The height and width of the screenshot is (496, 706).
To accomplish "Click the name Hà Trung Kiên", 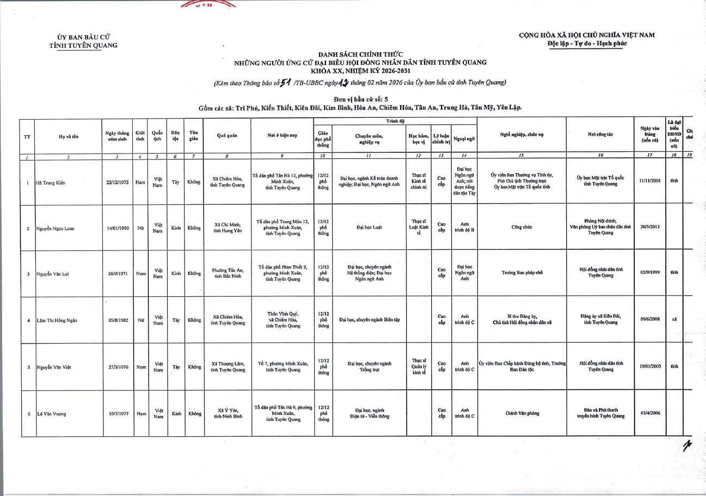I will pos(50,183).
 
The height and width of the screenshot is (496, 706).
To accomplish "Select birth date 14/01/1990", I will pos(118,228).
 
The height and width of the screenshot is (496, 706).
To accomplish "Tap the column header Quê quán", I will pos(228,138).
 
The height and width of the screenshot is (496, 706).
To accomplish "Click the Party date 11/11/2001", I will pos(650,181).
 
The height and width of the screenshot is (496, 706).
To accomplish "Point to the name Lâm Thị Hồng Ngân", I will pos(57,320).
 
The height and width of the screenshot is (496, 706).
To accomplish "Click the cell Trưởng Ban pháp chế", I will pos(521,273).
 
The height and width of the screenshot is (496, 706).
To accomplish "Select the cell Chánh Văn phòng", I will pos(521,413).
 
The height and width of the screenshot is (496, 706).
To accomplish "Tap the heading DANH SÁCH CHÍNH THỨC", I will pos(360,54).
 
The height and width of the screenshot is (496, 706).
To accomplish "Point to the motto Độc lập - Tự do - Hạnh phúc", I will pos(587,44).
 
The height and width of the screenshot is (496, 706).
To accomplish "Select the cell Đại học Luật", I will pos(369,228).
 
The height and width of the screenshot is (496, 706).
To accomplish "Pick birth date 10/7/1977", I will pos(118,414).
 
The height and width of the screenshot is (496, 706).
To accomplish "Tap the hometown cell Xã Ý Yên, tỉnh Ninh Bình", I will pos(228,414).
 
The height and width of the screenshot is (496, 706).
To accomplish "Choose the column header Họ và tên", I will pos(69,137).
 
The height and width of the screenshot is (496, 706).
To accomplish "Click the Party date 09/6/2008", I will pos(650,319).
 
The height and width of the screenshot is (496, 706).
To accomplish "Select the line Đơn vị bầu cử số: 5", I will pos(360,99).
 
